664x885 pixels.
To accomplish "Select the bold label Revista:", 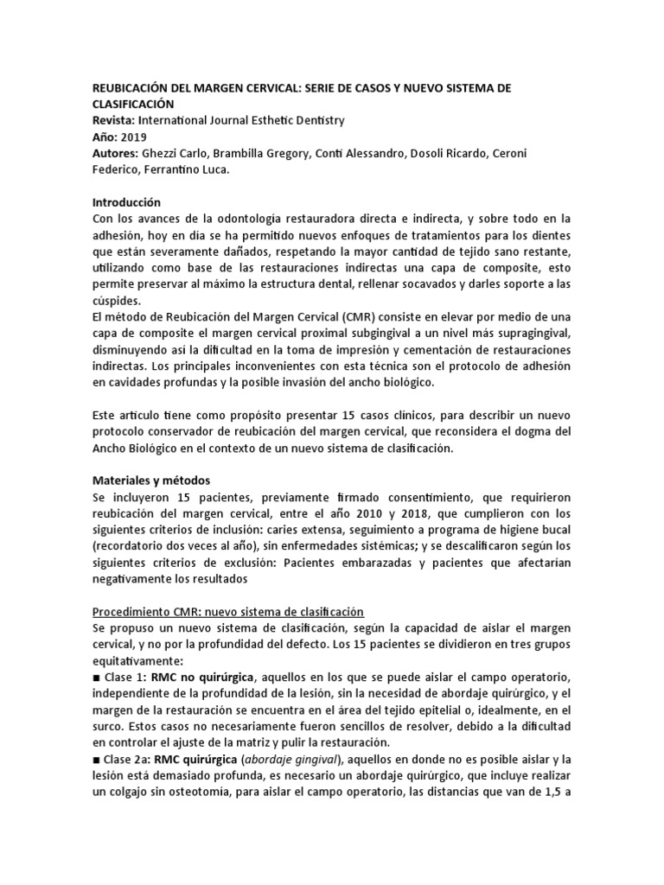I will pos(114,121).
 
